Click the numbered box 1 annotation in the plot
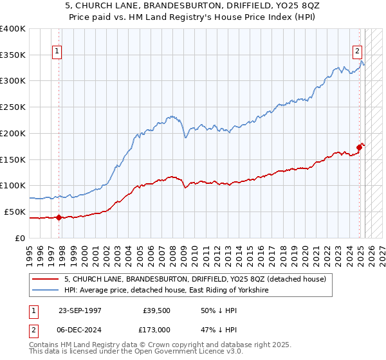(x=58, y=52)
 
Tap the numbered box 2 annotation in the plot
(x=357, y=52)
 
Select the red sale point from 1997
(x=59, y=217)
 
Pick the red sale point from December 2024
(x=359, y=147)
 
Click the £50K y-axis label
(x=15, y=212)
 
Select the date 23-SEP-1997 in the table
(x=82, y=310)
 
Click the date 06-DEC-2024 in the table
(x=82, y=328)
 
